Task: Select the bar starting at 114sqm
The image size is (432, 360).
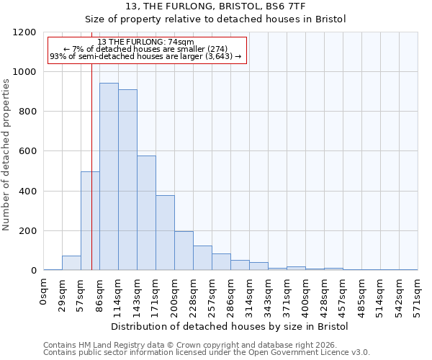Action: pos(127,180)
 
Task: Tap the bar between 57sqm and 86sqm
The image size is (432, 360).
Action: pos(90,221)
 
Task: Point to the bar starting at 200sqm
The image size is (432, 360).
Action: pos(184,251)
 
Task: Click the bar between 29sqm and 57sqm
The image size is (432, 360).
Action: pos(71,263)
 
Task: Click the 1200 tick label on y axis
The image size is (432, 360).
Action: pos(24,32)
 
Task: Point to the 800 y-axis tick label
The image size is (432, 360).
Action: pos(27,112)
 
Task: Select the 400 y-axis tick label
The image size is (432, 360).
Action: pos(27,192)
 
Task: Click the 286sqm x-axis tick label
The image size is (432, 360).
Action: pos(230,295)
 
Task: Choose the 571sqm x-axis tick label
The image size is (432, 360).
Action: pos(418,295)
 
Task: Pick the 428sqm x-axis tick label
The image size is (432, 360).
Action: pos(324,295)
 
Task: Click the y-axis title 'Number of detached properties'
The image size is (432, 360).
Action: pos(6,155)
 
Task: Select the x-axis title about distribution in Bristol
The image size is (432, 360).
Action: pos(230,326)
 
